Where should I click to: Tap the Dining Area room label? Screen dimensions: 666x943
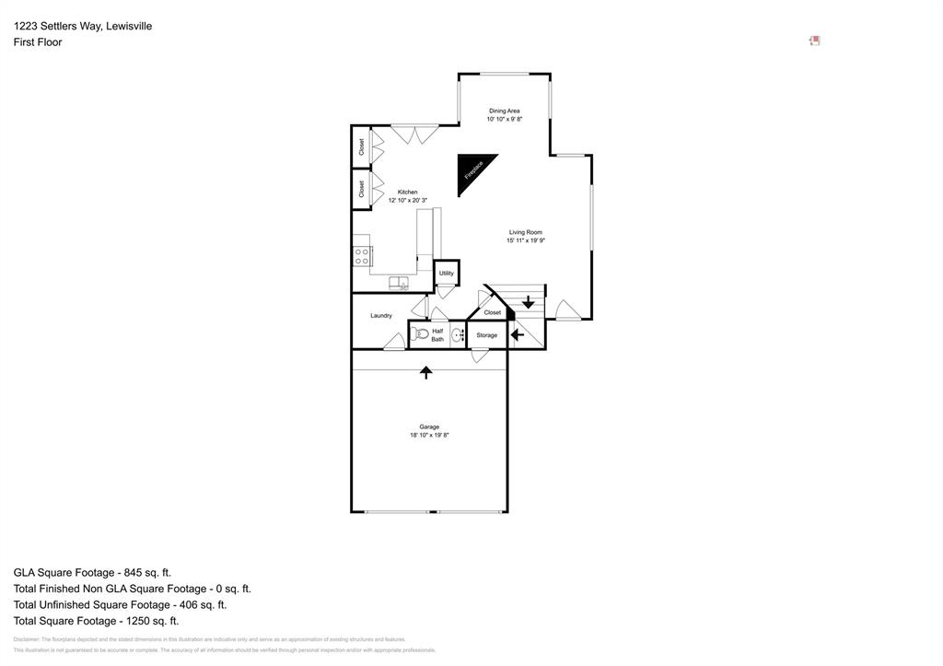[x=504, y=111]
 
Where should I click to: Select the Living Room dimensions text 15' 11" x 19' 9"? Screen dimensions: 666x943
[x=525, y=240]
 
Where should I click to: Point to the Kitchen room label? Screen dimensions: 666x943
[x=407, y=192]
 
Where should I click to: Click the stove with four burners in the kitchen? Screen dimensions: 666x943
[x=362, y=256]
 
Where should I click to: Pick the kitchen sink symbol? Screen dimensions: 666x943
[x=399, y=283]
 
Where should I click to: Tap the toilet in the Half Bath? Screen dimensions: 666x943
[x=420, y=334]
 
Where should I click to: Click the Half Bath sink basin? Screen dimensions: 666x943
[x=457, y=335]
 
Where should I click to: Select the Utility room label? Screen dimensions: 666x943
[x=446, y=273]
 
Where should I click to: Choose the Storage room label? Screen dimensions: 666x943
[x=486, y=335]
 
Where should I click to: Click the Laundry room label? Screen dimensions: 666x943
[x=381, y=316]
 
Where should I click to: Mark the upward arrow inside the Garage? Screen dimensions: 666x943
[x=426, y=372]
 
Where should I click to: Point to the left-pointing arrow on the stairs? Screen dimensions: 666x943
[x=518, y=334]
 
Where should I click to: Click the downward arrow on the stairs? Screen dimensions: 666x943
[x=529, y=301]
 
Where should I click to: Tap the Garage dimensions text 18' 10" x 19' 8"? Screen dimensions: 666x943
[x=429, y=435]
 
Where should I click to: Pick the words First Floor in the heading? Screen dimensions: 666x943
[x=38, y=42]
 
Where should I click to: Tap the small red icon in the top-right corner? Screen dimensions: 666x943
[x=814, y=41]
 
